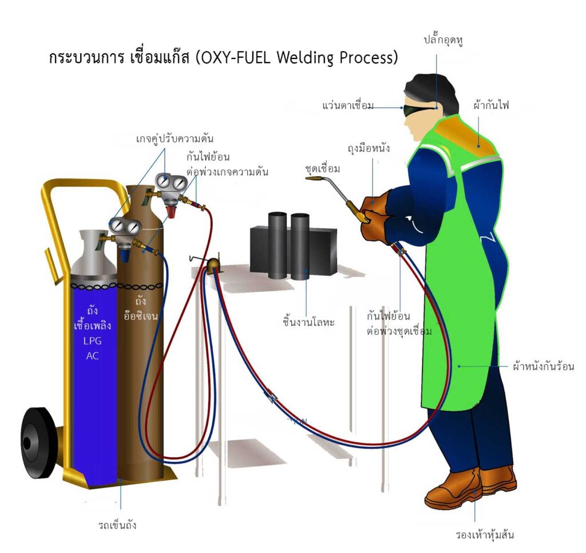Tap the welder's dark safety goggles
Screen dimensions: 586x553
[x=418, y=109]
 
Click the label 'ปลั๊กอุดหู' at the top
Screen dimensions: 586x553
[x=444, y=40]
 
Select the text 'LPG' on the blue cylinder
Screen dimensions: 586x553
[x=92, y=341]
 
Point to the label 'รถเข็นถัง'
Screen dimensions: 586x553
[x=117, y=526]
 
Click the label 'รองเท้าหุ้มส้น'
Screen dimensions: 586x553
[x=485, y=535]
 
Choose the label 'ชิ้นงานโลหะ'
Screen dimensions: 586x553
[x=308, y=322]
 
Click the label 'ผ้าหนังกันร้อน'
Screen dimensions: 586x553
[x=544, y=366]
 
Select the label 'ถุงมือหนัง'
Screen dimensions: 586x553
[x=369, y=148]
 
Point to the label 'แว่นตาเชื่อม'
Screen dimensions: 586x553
[x=348, y=105]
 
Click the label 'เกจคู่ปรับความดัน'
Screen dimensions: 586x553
[x=175, y=139]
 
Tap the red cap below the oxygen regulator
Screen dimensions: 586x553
[x=171, y=211]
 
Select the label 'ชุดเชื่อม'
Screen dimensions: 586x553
[x=323, y=169]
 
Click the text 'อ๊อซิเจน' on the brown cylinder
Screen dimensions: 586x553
[x=141, y=316]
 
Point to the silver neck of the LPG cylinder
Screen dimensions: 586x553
[x=94, y=254]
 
